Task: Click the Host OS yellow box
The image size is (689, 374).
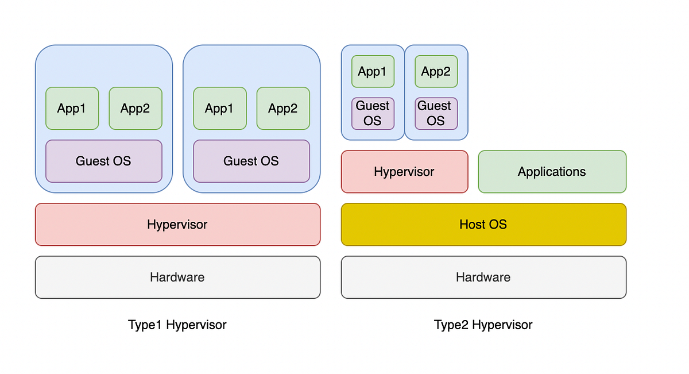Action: (483, 224)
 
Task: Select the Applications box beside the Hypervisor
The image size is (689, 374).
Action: (552, 172)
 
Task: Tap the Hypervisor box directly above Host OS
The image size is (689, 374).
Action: (404, 172)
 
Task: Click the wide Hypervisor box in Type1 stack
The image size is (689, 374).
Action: (177, 224)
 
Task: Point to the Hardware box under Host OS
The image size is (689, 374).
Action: (483, 277)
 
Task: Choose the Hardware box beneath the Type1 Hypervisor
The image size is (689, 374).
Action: (177, 277)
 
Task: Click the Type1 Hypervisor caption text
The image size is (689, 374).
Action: (177, 325)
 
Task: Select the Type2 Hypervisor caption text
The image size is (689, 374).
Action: (483, 325)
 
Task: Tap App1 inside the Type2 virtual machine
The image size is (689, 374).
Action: (373, 71)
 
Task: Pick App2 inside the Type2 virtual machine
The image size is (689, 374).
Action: (436, 71)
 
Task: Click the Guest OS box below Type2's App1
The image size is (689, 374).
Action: (373, 113)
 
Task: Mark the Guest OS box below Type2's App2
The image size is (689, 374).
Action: (436, 113)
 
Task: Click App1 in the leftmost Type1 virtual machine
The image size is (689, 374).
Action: (72, 108)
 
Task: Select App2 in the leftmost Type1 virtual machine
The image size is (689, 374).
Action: (136, 108)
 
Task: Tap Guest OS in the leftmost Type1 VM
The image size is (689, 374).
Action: (103, 161)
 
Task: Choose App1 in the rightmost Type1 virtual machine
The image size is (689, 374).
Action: (219, 108)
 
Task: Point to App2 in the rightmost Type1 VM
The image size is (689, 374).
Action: (283, 108)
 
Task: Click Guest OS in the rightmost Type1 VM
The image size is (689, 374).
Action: (251, 161)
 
